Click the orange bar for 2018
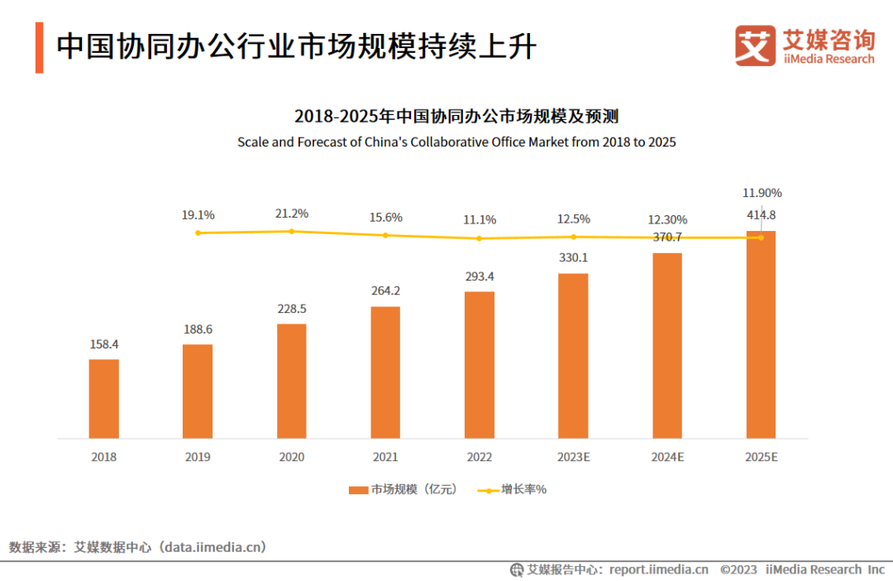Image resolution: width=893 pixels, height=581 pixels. click(104, 398)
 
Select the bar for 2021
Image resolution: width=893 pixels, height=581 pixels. click(385, 372)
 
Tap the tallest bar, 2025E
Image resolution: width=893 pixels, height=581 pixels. click(761, 334)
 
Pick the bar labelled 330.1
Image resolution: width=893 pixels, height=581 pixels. click(573, 355)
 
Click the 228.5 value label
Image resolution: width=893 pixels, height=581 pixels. click(291, 309)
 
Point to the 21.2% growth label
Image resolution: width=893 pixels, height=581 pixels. click(291, 214)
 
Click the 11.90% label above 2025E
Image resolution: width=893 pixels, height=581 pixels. click(762, 193)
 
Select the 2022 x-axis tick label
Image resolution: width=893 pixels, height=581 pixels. click(479, 457)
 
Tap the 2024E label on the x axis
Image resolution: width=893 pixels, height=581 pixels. click(666, 457)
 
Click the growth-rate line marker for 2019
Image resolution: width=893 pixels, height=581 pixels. click(198, 233)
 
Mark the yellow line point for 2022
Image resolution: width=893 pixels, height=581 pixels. click(479, 238)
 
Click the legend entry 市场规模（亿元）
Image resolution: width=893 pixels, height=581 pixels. click(403, 489)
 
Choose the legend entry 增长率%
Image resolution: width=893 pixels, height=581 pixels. click(513, 489)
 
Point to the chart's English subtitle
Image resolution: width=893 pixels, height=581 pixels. click(456, 142)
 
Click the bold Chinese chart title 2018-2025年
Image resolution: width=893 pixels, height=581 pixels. click(456, 116)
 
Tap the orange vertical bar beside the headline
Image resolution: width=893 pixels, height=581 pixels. click(39, 47)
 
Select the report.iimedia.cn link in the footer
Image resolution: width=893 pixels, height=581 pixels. click(658, 569)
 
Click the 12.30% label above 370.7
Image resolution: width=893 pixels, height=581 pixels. click(666, 220)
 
